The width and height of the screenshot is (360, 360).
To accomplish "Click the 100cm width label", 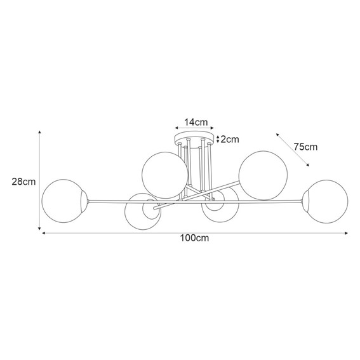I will (195, 239).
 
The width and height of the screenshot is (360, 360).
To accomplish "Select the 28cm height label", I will (23, 181).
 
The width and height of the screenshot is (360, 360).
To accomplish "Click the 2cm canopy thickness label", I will (230, 139).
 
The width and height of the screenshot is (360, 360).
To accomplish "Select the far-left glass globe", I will (62, 197).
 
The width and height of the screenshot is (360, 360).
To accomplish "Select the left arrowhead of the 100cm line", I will (44, 234).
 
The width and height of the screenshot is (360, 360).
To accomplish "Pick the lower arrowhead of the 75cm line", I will (309, 166).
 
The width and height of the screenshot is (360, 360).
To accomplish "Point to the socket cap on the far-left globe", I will (83, 201).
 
